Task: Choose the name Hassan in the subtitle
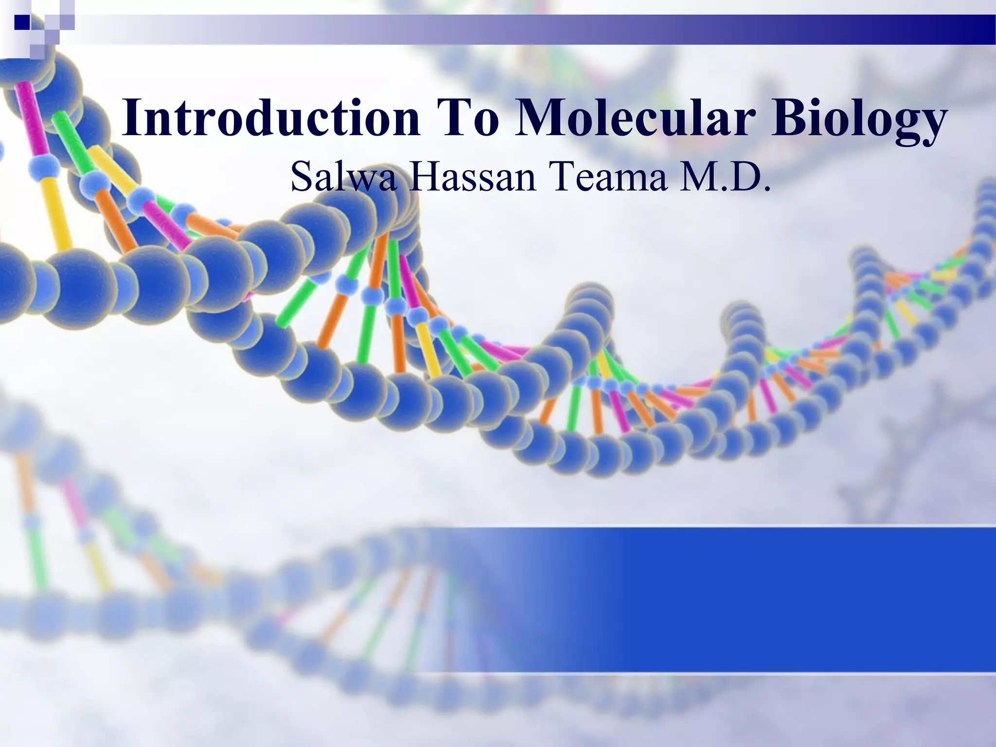pyautogui.click(x=472, y=178)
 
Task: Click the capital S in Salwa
pyautogui.click(x=301, y=178)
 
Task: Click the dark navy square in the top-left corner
pyautogui.click(x=22, y=22)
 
